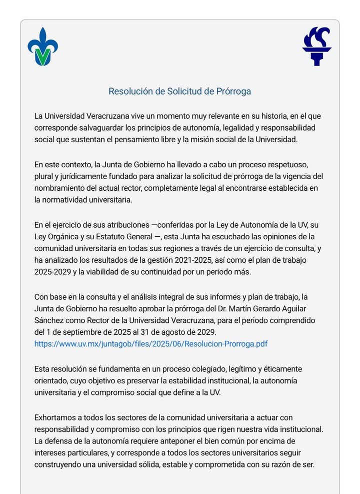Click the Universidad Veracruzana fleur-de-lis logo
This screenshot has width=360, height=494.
(42, 47)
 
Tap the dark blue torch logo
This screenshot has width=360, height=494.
(317, 46)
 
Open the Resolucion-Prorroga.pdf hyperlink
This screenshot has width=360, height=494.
(150, 343)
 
